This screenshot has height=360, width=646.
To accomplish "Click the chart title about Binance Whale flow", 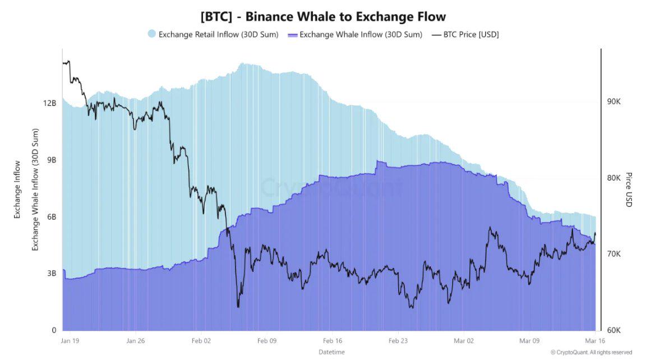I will point(323,16).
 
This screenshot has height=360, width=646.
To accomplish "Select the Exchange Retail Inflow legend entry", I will point(218,34).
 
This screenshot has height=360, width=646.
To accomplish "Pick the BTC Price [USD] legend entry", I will point(470,34).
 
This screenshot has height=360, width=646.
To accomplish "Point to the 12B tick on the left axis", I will point(50,103).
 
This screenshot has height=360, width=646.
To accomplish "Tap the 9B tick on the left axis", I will point(52,160).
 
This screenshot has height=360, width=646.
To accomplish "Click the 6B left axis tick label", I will point(52,217).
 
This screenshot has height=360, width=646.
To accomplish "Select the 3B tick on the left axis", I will point(52,274).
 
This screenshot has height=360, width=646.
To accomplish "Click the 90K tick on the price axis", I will point(613,101).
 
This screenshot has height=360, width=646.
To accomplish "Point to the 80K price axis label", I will point(613,178).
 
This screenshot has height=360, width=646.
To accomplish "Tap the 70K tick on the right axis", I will point(613,254).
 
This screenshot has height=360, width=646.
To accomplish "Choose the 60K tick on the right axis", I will point(613,330).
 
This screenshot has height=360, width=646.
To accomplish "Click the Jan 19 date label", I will point(70,340).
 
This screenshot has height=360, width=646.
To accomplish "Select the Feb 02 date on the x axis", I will point(201,340).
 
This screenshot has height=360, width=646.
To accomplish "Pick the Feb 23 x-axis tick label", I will point(398,340).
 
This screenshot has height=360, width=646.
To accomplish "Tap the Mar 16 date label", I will point(594,340).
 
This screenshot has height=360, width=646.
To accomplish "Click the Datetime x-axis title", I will point(331,352).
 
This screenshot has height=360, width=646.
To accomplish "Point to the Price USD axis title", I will point(629,190).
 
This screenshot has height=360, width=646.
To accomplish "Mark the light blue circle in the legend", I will point(151,34).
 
